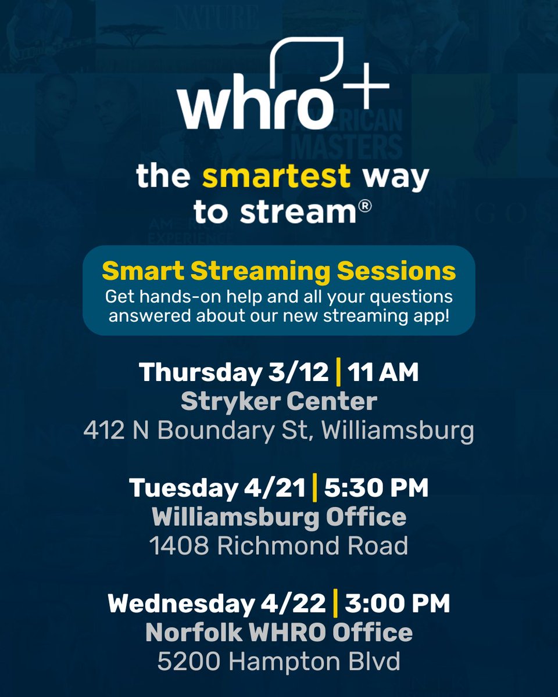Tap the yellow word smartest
(276, 177)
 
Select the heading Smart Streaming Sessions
(278, 271)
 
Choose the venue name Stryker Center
(278, 401)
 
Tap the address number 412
(103, 430)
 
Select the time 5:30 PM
(375, 488)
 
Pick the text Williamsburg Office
(278, 517)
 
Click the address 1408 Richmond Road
(278, 545)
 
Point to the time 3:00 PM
(397, 603)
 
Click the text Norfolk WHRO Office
(278, 633)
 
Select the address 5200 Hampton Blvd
(278, 661)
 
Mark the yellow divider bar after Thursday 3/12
(338, 372)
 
